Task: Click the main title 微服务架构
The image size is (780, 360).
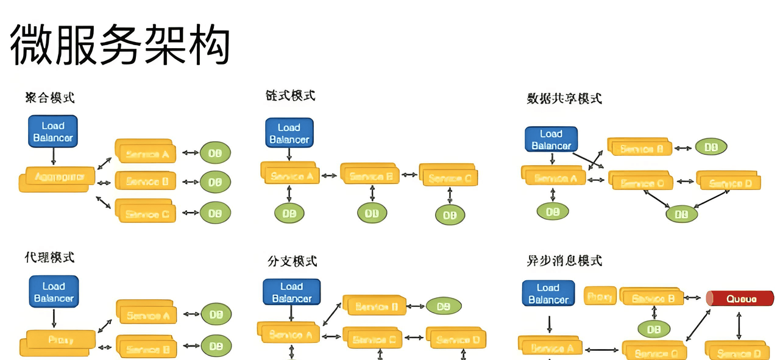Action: (x=120, y=46)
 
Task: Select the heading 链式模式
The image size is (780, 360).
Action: (x=291, y=96)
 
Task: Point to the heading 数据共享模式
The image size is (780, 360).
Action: (x=564, y=98)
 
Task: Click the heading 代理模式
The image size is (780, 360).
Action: (x=50, y=257)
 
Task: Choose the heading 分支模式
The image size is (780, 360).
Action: (x=292, y=261)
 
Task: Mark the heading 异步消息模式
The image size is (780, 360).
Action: (x=564, y=261)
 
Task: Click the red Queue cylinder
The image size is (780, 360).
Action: (x=740, y=298)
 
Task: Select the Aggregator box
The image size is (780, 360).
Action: (x=57, y=178)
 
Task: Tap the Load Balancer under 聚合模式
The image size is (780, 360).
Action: (x=53, y=132)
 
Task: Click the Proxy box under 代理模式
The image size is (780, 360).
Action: (x=60, y=340)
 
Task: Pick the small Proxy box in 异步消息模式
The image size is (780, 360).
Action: (x=600, y=297)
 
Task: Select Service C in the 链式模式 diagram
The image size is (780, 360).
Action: (x=449, y=177)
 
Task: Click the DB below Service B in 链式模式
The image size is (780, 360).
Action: (x=372, y=213)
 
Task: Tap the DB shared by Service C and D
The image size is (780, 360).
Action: (x=681, y=214)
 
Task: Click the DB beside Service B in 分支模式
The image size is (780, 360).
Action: (x=443, y=306)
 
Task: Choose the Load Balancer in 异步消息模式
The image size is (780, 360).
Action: (x=548, y=294)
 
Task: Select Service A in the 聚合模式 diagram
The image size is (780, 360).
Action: (x=146, y=154)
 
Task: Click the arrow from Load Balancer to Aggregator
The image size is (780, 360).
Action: (x=53, y=157)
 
